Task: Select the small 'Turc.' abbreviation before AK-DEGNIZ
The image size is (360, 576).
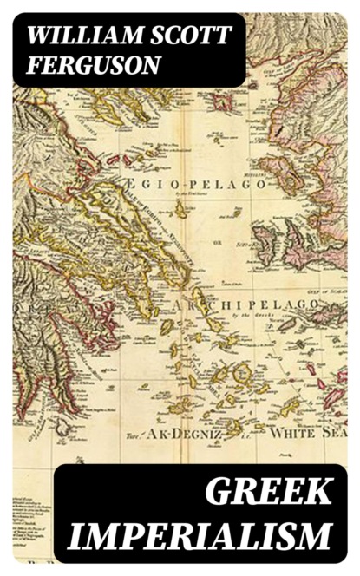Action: click(133, 436)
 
